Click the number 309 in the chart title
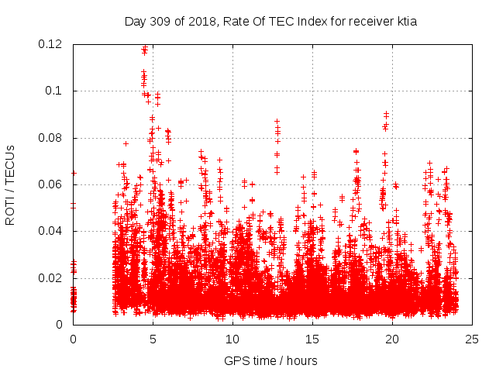click(160, 22)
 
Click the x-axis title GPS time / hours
click(270, 360)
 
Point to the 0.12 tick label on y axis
click(51, 44)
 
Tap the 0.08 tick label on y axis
click(51, 138)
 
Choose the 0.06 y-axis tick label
click(51, 184)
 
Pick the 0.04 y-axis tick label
click(51, 231)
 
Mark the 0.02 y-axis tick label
click(51, 278)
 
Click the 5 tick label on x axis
click(153, 339)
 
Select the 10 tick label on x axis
click(232, 339)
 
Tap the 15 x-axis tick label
click(312, 339)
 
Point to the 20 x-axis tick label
click(392, 339)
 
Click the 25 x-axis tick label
click(472, 339)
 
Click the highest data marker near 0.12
click(144, 48)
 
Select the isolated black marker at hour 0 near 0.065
click(74, 173)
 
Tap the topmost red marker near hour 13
click(277, 122)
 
